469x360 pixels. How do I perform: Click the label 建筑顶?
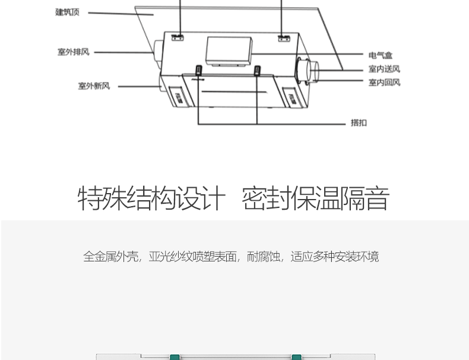67,12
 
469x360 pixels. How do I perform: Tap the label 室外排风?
74,52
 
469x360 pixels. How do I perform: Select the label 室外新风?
94,86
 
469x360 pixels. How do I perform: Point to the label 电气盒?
380,55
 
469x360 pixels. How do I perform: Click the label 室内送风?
384,69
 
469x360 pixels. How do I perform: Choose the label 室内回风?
384,83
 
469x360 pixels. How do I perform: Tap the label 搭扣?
359,123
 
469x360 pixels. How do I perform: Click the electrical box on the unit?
229,51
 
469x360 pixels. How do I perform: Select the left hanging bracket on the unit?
178,37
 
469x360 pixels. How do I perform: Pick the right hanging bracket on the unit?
284,38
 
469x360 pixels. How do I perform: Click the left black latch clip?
199,70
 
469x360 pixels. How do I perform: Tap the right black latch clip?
257,71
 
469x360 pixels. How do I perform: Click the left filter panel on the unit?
179,97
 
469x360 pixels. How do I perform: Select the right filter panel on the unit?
293,97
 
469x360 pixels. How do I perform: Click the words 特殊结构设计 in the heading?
151,198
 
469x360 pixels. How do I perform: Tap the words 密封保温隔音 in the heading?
315,198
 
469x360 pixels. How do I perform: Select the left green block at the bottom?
175,357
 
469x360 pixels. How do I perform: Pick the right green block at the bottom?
296,357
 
